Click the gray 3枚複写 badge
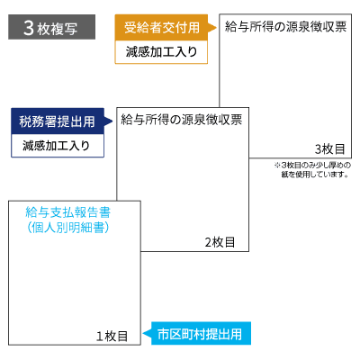pyautogui.click(x=51, y=27)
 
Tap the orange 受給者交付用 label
pyautogui.click(x=161, y=28)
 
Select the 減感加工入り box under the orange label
pyautogui.click(x=161, y=52)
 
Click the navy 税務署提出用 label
pyautogui.click(x=58, y=121)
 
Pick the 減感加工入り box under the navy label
pyautogui.click(x=58, y=146)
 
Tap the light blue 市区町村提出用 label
pyautogui.click(x=201, y=334)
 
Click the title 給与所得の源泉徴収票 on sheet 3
pyautogui.click(x=285, y=27)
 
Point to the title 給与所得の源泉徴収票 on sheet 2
pyautogui.click(x=182, y=120)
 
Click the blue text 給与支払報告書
pyautogui.click(x=68, y=212)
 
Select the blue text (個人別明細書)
pyautogui.click(x=68, y=228)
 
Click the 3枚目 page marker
pyautogui.click(x=329, y=149)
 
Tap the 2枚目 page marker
pyautogui.click(x=220, y=242)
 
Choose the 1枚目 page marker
pyautogui.click(x=112, y=337)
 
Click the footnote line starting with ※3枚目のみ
pyautogui.click(x=312, y=166)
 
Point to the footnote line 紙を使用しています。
pyautogui.click(x=315, y=175)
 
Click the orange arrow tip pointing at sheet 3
pyautogui.click(x=216, y=28)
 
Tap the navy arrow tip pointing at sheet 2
pyautogui.click(x=112, y=121)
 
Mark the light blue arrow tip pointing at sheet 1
pyautogui.click(x=143, y=334)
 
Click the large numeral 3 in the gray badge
pyautogui.click(x=29, y=28)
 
